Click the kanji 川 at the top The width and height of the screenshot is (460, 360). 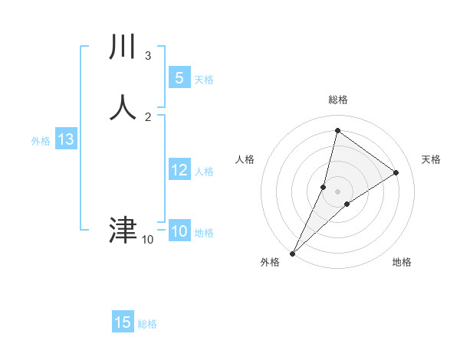[123, 47]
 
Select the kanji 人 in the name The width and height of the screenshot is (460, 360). [123, 108]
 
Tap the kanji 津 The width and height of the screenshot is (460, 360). [123, 231]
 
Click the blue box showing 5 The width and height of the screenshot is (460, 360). [179, 78]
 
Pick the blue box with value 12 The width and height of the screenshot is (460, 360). [179, 170]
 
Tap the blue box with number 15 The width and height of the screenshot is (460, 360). [123, 322]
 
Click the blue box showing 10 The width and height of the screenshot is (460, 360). [179, 231]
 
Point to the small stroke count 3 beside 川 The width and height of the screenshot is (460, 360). [147, 55]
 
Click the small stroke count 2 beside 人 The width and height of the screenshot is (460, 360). [147, 116]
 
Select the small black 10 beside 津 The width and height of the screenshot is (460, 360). [147, 240]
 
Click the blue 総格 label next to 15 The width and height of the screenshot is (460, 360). [147, 325]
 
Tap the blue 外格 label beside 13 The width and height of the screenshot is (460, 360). [41, 141]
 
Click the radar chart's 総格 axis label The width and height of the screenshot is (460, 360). [337, 100]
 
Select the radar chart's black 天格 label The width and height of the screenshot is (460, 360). [431, 159]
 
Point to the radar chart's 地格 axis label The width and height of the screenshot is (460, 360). [402, 262]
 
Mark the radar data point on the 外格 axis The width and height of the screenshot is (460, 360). [292, 253]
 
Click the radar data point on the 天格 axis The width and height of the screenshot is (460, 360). [396, 172]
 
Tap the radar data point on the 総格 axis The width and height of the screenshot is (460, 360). [337, 131]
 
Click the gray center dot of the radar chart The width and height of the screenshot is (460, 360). [337, 191]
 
